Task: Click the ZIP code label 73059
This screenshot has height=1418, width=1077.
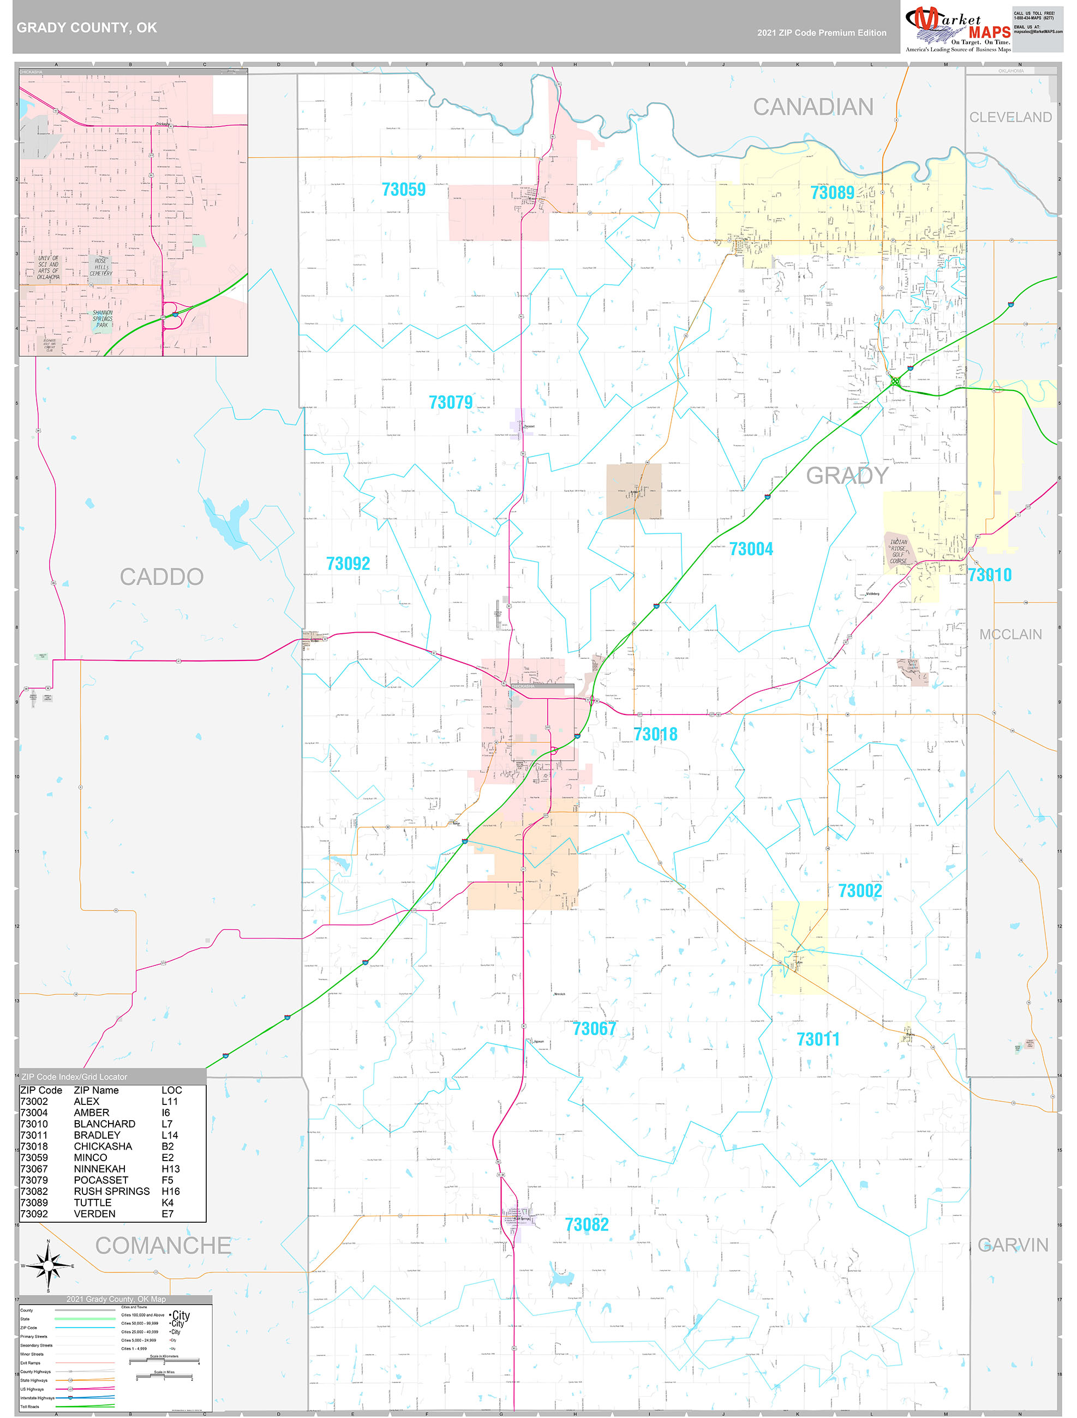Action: pyautogui.click(x=404, y=190)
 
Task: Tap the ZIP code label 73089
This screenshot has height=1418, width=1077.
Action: pyautogui.click(x=832, y=193)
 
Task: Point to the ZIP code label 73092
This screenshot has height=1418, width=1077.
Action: pyautogui.click(x=348, y=563)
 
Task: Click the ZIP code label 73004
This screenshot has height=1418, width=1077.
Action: pyautogui.click(x=751, y=549)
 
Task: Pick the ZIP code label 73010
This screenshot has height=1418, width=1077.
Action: pyautogui.click(x=989, y=575)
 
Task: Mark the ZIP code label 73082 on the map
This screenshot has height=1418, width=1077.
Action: pyautogui.click(x=587, y=1224)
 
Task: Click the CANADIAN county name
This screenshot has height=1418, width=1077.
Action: pyautogui.click(x=813, y=107)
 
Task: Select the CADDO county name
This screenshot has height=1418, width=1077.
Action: pyautogui.click(x=161, y=577)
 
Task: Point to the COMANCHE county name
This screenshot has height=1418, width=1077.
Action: pyautogui.click(x=163, y=1246)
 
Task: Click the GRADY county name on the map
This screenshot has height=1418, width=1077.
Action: pyautogui.click(x=847, y=476)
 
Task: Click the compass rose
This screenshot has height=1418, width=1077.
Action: pyautogui.click(x=48, y=1265)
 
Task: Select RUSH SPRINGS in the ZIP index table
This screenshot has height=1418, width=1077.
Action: pyautogui.click(x=112, y=1191)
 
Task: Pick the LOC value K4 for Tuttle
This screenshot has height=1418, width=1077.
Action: pyautogui.click(x=167, y=1203)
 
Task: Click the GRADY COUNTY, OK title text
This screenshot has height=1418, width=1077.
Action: pyautogui.click(x=87, y=28)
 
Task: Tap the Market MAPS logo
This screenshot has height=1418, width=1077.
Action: pyautogui.click(x=957, y=29)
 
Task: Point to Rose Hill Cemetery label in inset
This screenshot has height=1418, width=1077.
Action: pyautogui.click(x=101, y=267)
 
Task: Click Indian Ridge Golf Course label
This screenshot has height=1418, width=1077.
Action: pyautogui.click(x=898, y=551)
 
